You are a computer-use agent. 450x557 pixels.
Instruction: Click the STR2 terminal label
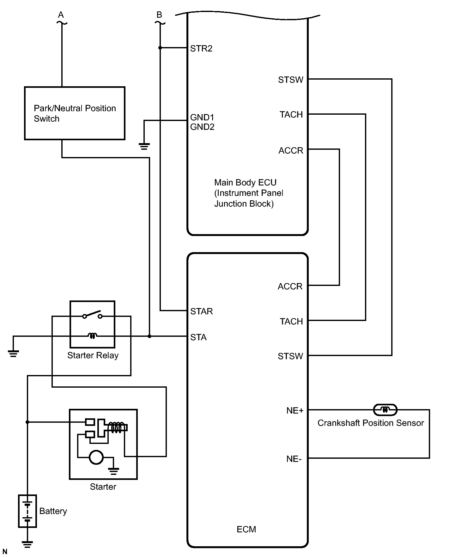tap(201, 49)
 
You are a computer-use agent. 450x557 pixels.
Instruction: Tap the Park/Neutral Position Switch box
tap(75, 113)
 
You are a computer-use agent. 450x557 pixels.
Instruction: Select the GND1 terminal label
tap(202, 118)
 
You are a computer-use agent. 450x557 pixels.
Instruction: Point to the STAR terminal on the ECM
tap(201, 312)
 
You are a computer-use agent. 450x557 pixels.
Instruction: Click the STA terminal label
tap(198, 337)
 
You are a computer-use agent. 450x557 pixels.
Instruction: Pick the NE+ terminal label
tap(295, 410)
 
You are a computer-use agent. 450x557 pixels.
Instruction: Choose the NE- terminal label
tap(294, 459)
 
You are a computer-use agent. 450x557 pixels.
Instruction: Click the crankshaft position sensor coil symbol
tap(385, 410)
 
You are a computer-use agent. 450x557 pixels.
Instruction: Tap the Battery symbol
tap(27, 511)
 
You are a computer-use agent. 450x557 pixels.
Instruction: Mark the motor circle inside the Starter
tap(96, 457)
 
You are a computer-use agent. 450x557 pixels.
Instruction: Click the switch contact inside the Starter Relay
tap(92, 315)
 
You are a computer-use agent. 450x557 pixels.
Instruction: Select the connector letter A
tap(61, 15)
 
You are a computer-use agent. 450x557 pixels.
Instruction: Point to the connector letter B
tap(159, 15)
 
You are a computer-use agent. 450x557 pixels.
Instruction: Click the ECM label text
tap(246, 529)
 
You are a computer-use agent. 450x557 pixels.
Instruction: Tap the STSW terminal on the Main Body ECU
tap(290, 80)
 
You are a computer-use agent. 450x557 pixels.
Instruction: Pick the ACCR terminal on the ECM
tap(290, 287)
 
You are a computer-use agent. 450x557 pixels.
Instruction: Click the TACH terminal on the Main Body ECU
tap(291, 115)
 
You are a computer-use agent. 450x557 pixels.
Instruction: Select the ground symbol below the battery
tap(27, 544)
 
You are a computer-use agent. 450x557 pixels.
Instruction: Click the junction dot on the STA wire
tap(149, 336)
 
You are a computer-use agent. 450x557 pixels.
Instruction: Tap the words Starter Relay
tap(93, 355)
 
